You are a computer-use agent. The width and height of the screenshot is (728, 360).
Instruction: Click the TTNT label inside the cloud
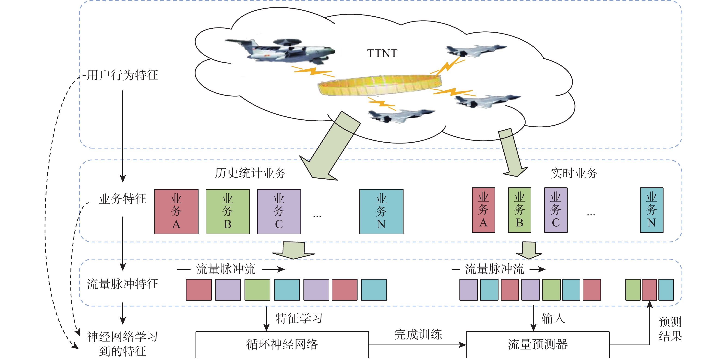[x=382, y=53]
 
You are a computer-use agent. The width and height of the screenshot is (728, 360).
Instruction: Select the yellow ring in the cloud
[x=379, y=85]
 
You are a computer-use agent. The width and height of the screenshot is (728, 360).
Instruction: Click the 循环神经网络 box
[x=282, y=345]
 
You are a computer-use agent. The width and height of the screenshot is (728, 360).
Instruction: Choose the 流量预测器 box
[x=538, y=345]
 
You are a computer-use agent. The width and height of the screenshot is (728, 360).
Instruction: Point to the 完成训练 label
[x=418, y=334]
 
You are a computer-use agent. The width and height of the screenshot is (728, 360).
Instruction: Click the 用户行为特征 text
[x=122, y=75]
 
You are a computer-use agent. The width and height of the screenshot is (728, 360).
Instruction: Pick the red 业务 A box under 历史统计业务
[x=176, y=211]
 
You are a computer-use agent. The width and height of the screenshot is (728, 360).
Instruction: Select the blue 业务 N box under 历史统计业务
[x=381, y=211]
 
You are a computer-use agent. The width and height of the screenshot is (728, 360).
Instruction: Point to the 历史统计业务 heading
[x=250, y=173]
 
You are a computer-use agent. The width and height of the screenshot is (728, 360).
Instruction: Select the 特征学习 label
[x=299, y=318]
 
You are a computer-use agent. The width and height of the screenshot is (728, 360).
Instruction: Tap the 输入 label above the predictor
[x=553, y=318]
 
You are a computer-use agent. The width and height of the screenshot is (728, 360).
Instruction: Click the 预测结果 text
[x=670, y=329]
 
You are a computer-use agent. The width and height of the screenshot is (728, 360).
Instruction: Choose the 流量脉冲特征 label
[x=122, y=284]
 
